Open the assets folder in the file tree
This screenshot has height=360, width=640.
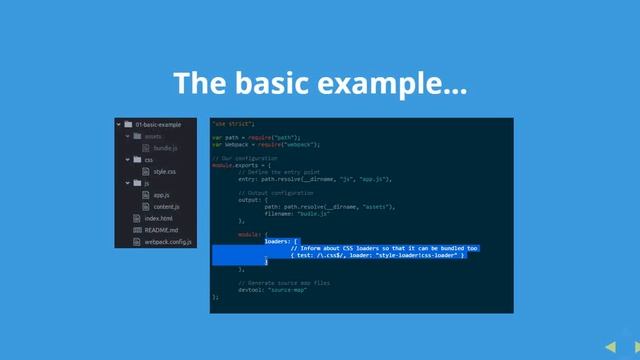pos(153,136)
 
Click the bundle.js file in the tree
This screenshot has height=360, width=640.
pos(165,148)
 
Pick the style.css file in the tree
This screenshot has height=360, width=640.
pos(164,172)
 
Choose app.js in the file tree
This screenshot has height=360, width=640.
pos(161,195)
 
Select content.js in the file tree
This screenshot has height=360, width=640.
pos(166,206)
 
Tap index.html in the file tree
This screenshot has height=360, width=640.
pos(158,218)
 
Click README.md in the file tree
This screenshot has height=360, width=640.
pos(160,230)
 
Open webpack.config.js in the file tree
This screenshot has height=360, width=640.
pos(168,242)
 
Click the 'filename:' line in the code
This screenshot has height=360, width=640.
pos(310,213)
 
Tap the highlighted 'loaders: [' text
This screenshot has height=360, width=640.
pos(281,241)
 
